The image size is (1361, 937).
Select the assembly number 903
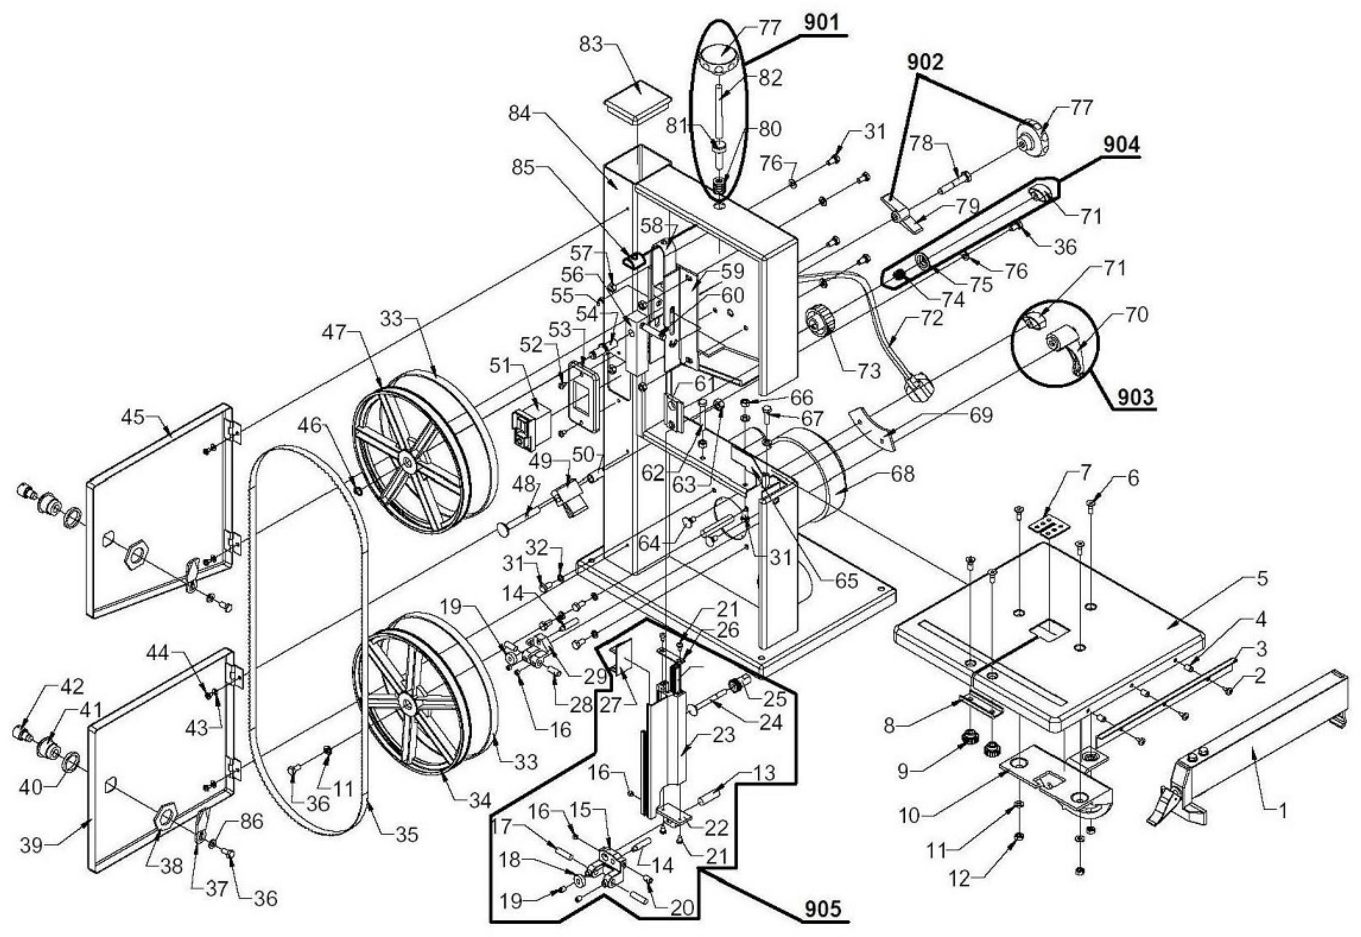coord(1134,397)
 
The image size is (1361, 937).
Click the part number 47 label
coord(334,333)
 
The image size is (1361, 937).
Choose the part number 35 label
coord(407,834)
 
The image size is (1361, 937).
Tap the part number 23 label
coord(723,734)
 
